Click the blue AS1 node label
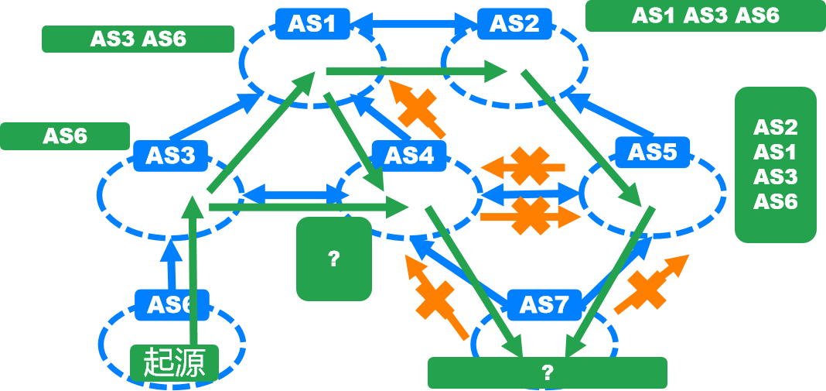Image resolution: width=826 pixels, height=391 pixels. click(312, 23)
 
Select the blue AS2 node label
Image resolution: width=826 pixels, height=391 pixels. click(514, 23)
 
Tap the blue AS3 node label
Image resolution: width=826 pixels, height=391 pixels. click(170, 156)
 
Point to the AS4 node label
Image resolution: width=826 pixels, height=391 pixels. click(408, 156)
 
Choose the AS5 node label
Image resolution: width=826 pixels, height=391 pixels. click(652, 152)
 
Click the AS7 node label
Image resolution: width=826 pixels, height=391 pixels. click(544, 304)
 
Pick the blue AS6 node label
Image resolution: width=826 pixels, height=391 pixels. click(169, 304)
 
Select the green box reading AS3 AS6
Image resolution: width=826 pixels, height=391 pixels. click(138, 39)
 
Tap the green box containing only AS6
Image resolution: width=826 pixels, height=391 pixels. click(65, 136)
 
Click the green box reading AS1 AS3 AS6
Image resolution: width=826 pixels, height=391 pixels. click(705, 15)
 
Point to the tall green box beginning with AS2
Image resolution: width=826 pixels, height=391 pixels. click(775, 164)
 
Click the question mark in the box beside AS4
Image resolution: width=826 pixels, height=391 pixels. click(334, 259)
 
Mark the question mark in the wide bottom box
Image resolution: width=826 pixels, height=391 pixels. click(547, 372)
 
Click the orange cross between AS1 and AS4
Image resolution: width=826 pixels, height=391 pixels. click(417, 108)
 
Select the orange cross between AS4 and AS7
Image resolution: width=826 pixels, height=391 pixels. click(436, 299)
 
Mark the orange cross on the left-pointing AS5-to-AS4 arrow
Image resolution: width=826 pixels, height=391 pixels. click(528, 166)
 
